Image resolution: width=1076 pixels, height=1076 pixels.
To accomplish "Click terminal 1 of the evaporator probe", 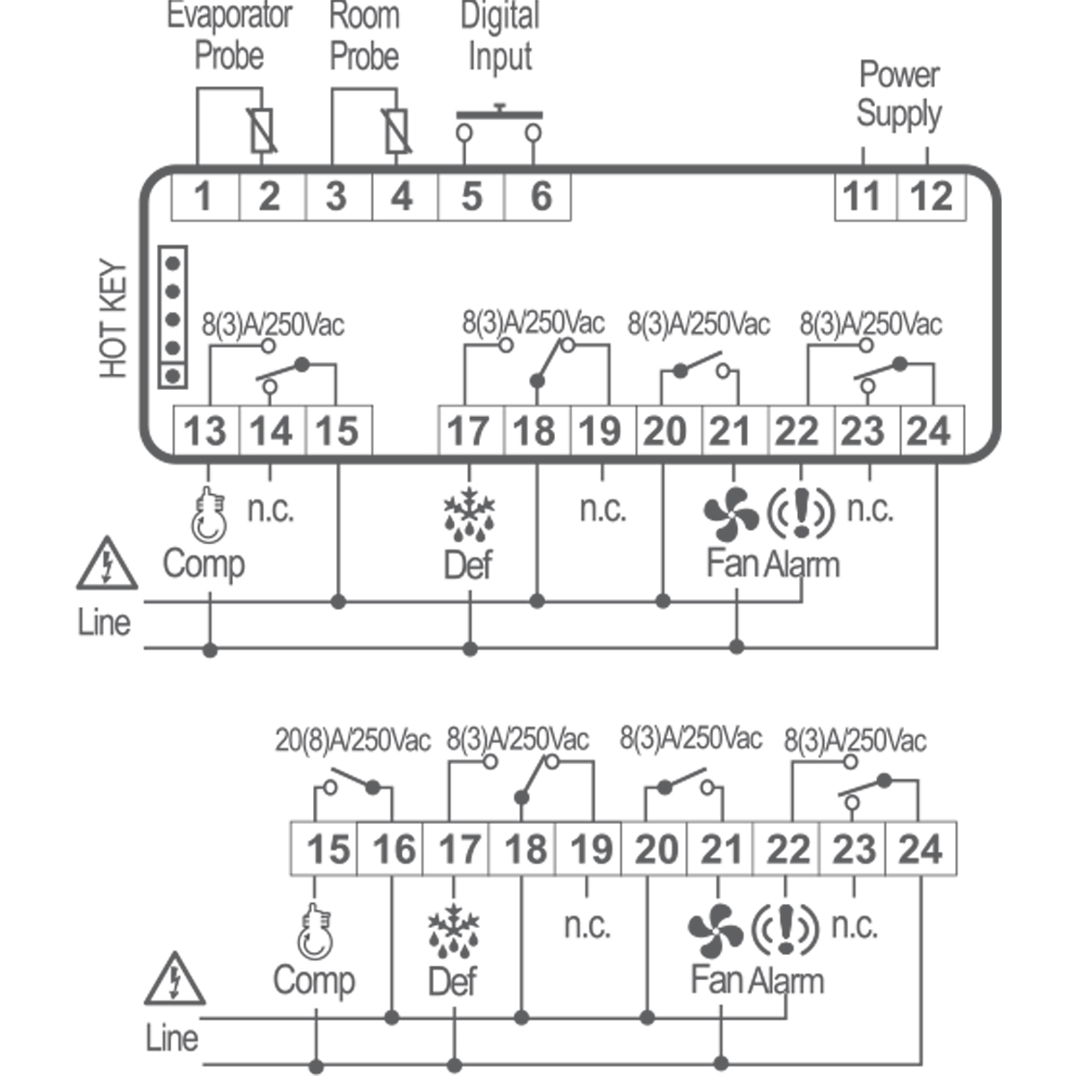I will click(204, 195).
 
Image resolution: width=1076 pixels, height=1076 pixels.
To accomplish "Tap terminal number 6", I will click(540, 195).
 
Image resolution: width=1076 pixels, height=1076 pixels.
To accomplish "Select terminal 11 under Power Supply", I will click(863, 195).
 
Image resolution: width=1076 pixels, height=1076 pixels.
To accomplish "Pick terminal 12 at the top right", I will click(931, 195).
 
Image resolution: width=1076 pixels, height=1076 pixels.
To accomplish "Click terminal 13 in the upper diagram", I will click(205, 431).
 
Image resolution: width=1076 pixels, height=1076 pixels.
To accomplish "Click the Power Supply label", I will click(898, 94).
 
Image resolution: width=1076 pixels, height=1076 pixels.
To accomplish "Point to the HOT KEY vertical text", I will click(114, 319).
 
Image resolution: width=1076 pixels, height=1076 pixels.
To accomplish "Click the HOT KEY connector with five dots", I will click(173, 317).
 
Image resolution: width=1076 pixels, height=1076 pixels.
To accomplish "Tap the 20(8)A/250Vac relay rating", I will click(352, 741).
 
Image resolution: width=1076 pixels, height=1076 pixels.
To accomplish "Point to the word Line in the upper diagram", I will click(104, 622).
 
